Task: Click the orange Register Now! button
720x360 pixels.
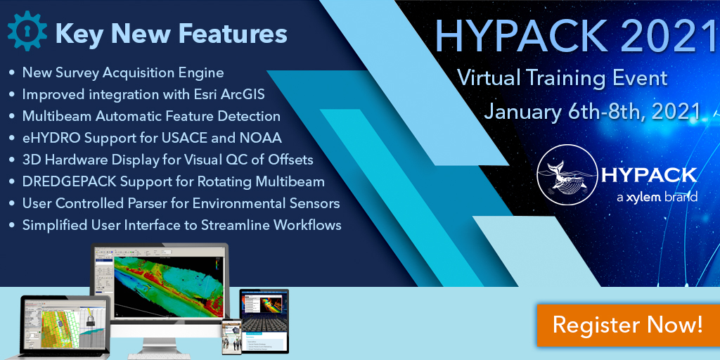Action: [627, 325]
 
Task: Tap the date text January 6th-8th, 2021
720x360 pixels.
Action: [592, 111]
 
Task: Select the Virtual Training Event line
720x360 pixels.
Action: [562, 77]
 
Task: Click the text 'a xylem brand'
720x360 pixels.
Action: [656, 198]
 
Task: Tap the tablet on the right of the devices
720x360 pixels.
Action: [264, 316]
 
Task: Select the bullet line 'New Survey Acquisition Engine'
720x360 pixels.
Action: [123, 72]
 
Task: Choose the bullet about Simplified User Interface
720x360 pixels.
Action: [181, 225]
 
